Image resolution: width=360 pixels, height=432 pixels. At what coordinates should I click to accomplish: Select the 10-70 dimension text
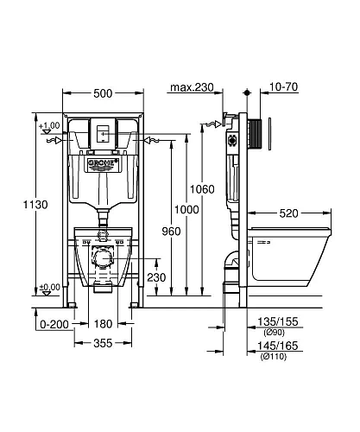point(283,88)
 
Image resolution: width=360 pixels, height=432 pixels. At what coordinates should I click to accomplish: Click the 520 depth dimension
point(290,213)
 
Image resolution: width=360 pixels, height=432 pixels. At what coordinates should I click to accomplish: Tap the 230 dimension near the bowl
point(155,277)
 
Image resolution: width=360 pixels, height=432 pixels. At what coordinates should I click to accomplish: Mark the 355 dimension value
point(103,344)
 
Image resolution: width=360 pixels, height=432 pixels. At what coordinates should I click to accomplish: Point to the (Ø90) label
point(283,333)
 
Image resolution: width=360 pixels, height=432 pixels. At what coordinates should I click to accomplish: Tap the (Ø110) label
point(283,355)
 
